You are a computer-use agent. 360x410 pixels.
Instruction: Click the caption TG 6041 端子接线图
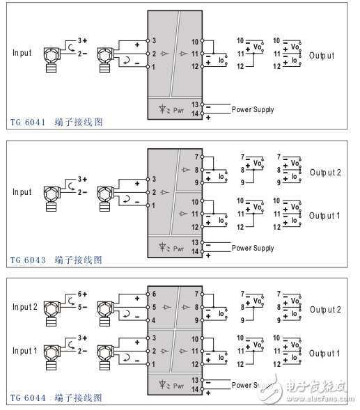[56, 123]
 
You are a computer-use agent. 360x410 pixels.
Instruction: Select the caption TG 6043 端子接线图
[56, 260]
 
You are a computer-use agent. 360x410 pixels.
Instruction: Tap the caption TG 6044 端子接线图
[56, 398]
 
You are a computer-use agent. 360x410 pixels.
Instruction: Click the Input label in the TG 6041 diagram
[22, 53]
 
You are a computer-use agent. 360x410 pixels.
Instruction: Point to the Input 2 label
[24, 307]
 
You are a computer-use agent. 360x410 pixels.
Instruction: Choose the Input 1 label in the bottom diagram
[24, 351]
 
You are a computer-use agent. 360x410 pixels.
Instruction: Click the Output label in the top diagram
[322, 55]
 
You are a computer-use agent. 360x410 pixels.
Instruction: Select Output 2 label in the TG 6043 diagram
[325, 172]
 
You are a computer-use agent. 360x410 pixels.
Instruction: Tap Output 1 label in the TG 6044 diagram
[325, 354]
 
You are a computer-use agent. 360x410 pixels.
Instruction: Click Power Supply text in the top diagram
[253, 109]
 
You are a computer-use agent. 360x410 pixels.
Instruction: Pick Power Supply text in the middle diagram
[253, 248]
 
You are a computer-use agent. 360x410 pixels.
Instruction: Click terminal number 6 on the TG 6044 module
[153, 294]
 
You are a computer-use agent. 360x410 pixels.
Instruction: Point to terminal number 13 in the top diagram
[196, 104]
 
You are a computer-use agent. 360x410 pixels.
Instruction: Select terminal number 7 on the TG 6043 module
[197, 157]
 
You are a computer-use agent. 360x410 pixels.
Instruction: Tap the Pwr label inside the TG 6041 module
[178, 109]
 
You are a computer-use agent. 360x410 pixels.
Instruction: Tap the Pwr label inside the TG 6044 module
[178, 385]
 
